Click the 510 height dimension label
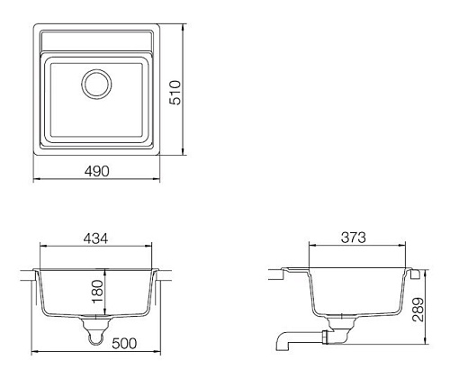coord(175,93)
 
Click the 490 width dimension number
coord(97,171)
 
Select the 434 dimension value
coord(95,238)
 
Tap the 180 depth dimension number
coord(98,292)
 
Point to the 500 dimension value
coord(124,344)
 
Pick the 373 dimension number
coord(354,238)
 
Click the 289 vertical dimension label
coord(418,310)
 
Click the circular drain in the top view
coord(96,84)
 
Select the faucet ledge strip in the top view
coord(96,40)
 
